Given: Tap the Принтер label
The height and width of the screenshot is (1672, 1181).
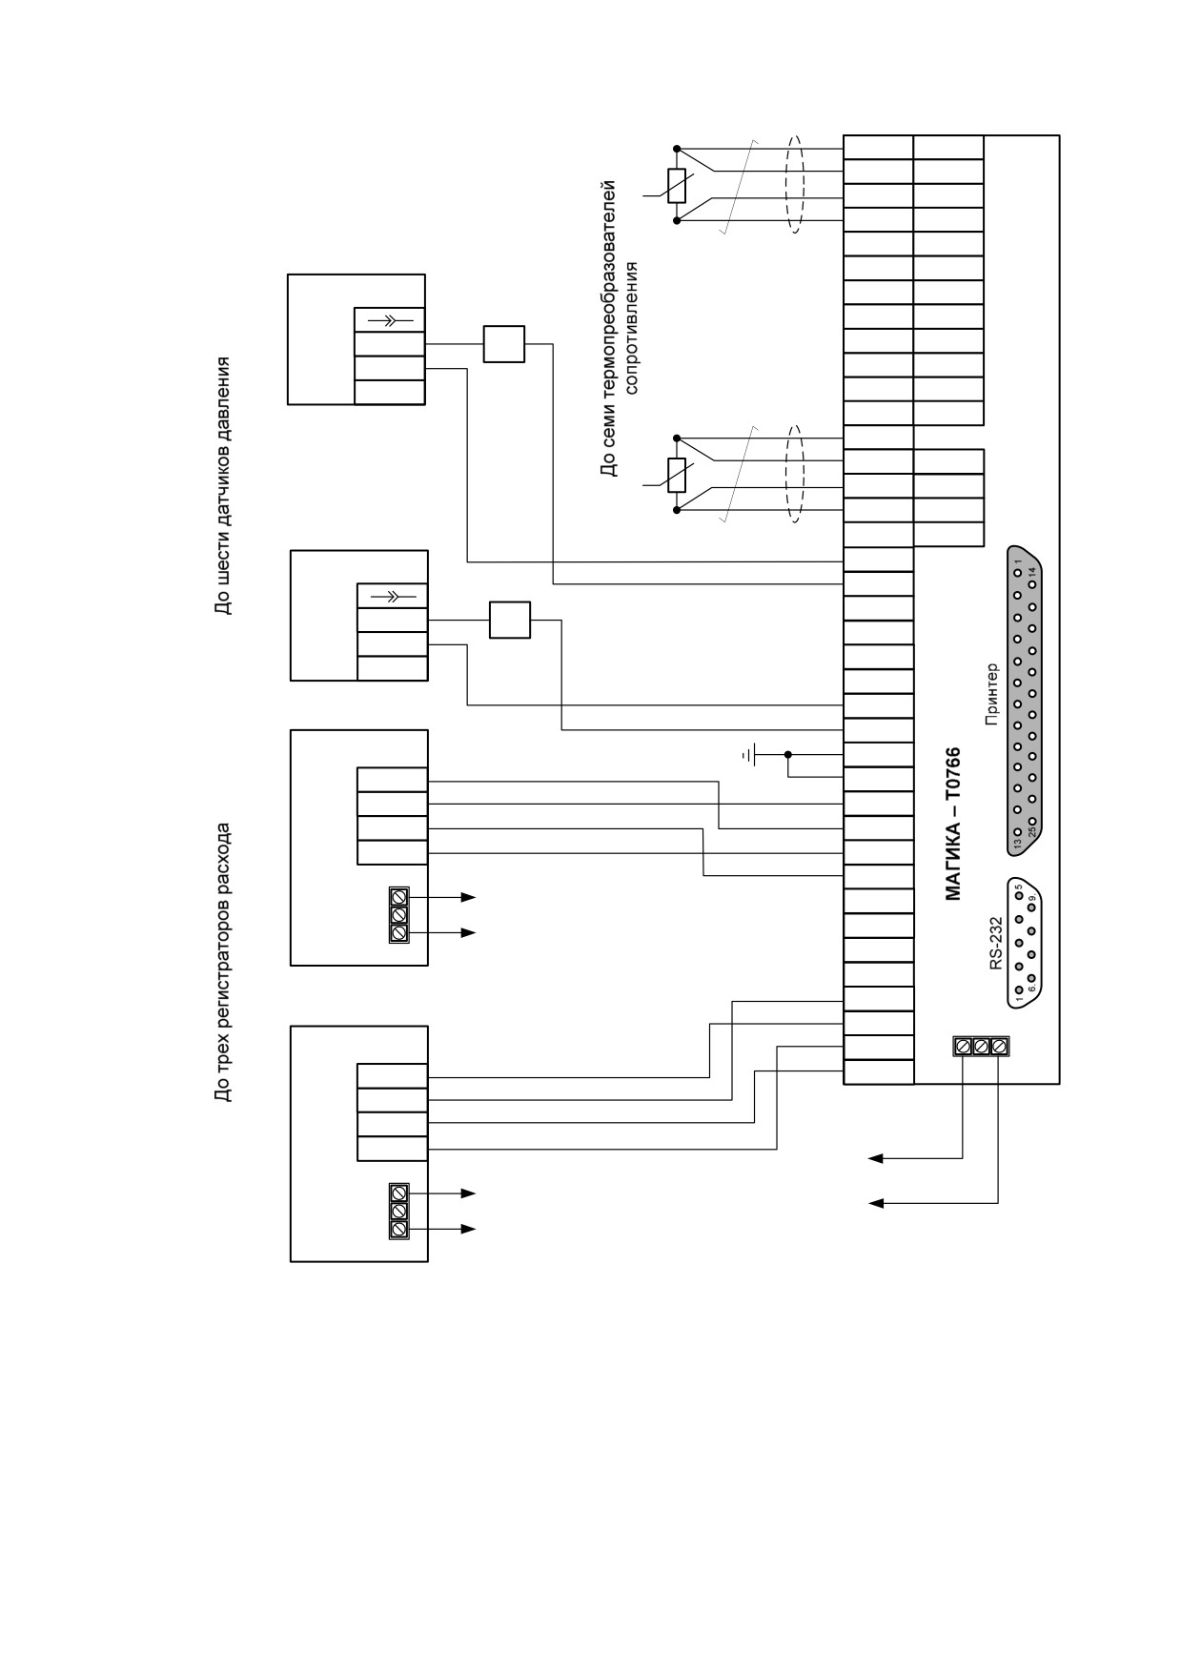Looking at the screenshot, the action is [991, 694].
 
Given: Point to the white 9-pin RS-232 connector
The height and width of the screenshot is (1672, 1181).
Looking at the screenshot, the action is [1025, 940].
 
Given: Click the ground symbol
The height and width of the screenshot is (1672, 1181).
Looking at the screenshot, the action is [750, 756].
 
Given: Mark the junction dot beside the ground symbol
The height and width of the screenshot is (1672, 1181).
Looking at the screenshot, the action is [788, 755].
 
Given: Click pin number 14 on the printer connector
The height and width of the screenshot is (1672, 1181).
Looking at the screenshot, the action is [1031, 572].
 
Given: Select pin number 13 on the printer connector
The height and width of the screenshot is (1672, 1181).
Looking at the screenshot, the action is [1018, 843].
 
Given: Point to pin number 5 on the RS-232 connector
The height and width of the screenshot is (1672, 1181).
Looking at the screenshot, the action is [1018, 887].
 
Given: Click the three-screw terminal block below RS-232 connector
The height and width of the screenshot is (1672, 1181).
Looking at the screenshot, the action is [981, 1047].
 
